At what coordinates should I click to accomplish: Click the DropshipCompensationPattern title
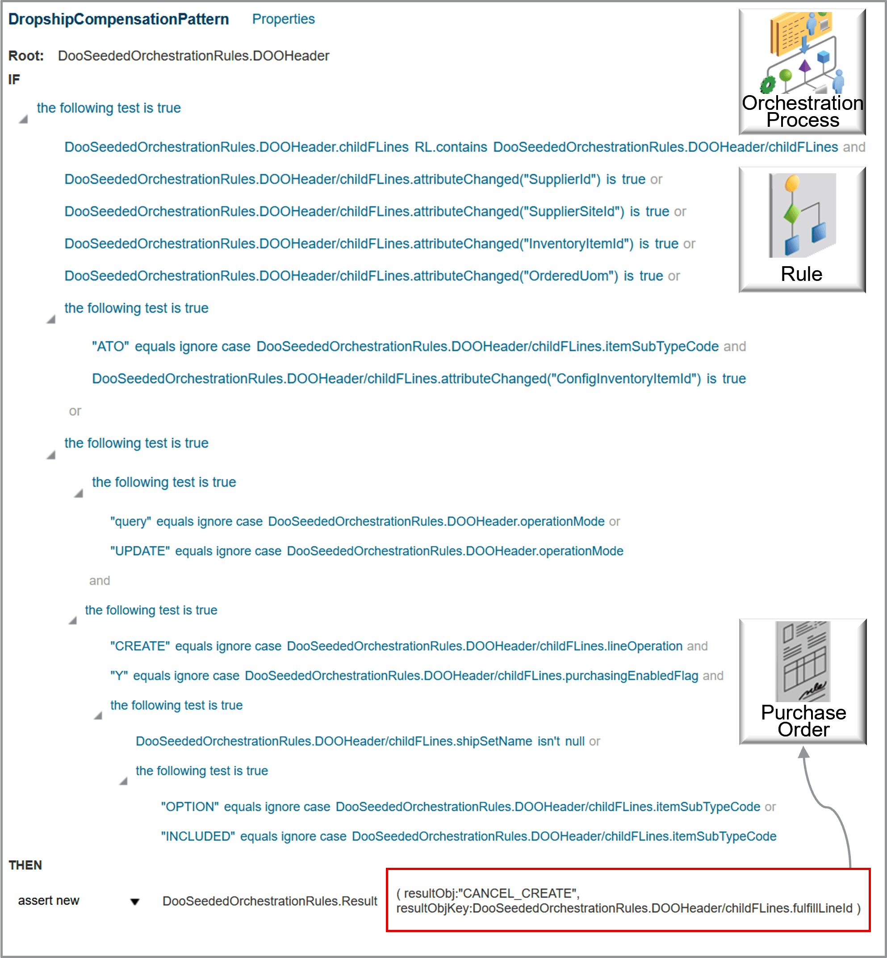point(118,19)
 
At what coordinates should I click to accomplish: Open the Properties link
point(283,19)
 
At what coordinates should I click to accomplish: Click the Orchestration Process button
point(802,72)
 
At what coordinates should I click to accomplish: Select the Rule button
point(802,230)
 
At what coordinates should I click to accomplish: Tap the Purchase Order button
point(803,682)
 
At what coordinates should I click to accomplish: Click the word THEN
point(25,865)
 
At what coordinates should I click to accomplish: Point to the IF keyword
point(14,79)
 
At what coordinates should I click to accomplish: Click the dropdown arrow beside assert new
point(135,902)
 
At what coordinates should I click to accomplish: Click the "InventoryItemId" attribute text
point(578,244)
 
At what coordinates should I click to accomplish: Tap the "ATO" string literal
point(110,347)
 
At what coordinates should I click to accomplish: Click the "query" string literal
point(130,522)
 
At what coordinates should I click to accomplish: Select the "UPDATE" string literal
point(140,551)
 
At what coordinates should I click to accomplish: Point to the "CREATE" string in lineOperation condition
point(140,647)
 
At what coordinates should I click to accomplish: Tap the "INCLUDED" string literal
point(198,837)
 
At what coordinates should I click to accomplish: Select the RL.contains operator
point(451,147)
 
